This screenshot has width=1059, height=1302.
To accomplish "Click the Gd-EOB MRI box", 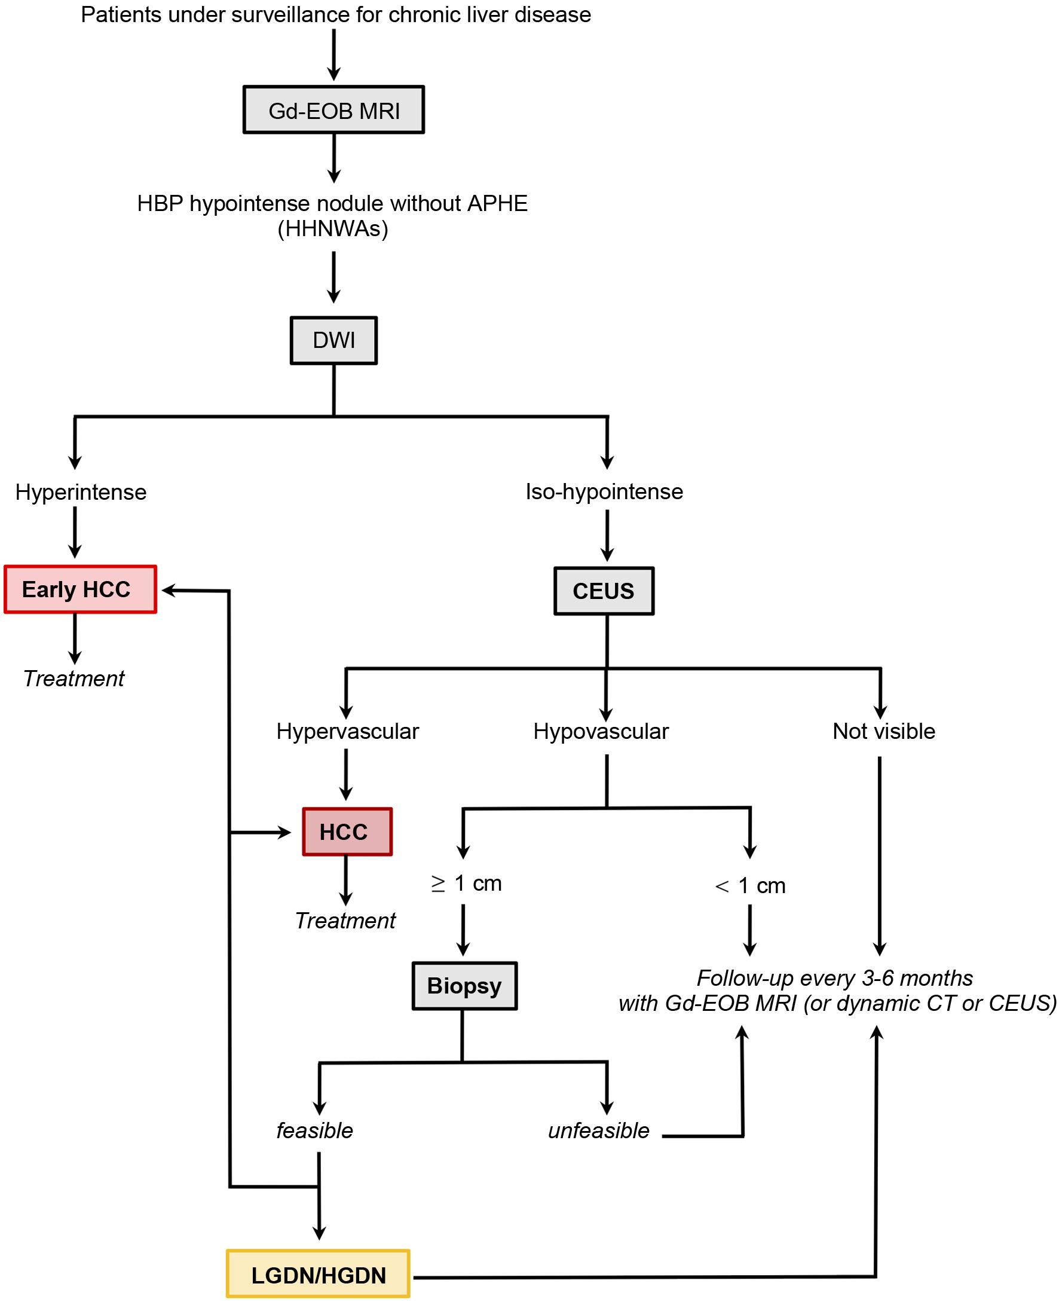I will [x=333, y=110].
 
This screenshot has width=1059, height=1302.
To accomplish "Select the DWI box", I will [x=333, y=341].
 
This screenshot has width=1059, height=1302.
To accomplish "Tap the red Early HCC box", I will [x=81, y=589].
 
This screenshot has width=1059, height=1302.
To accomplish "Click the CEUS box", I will [x=604, y=591].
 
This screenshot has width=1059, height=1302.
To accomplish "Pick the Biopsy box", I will [x=464, y=986].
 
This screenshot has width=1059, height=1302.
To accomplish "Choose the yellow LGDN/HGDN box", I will [x=318, y=1275].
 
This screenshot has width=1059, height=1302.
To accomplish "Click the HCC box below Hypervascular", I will [x=347, y=832].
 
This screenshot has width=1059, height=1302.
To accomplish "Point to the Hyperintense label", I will [x=81, y=493].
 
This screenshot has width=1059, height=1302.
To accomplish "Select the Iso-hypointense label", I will [x=604, y=492].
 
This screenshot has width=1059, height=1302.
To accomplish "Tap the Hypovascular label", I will [x=601, y=731].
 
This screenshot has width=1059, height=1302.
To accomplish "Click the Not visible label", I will [x=883, y=731].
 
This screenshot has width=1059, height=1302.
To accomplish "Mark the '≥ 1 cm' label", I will [x=466, y=884].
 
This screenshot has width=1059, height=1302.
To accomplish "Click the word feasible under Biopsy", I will [x=315, y=1130].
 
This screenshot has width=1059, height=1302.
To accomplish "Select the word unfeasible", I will [x=598, y=1130].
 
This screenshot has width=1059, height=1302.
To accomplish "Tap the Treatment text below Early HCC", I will [x=74, y=678].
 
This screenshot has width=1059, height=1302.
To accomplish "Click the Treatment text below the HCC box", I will [x=345, y=921].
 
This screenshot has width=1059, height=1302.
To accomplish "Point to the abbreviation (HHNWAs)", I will [x=332, y=229].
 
